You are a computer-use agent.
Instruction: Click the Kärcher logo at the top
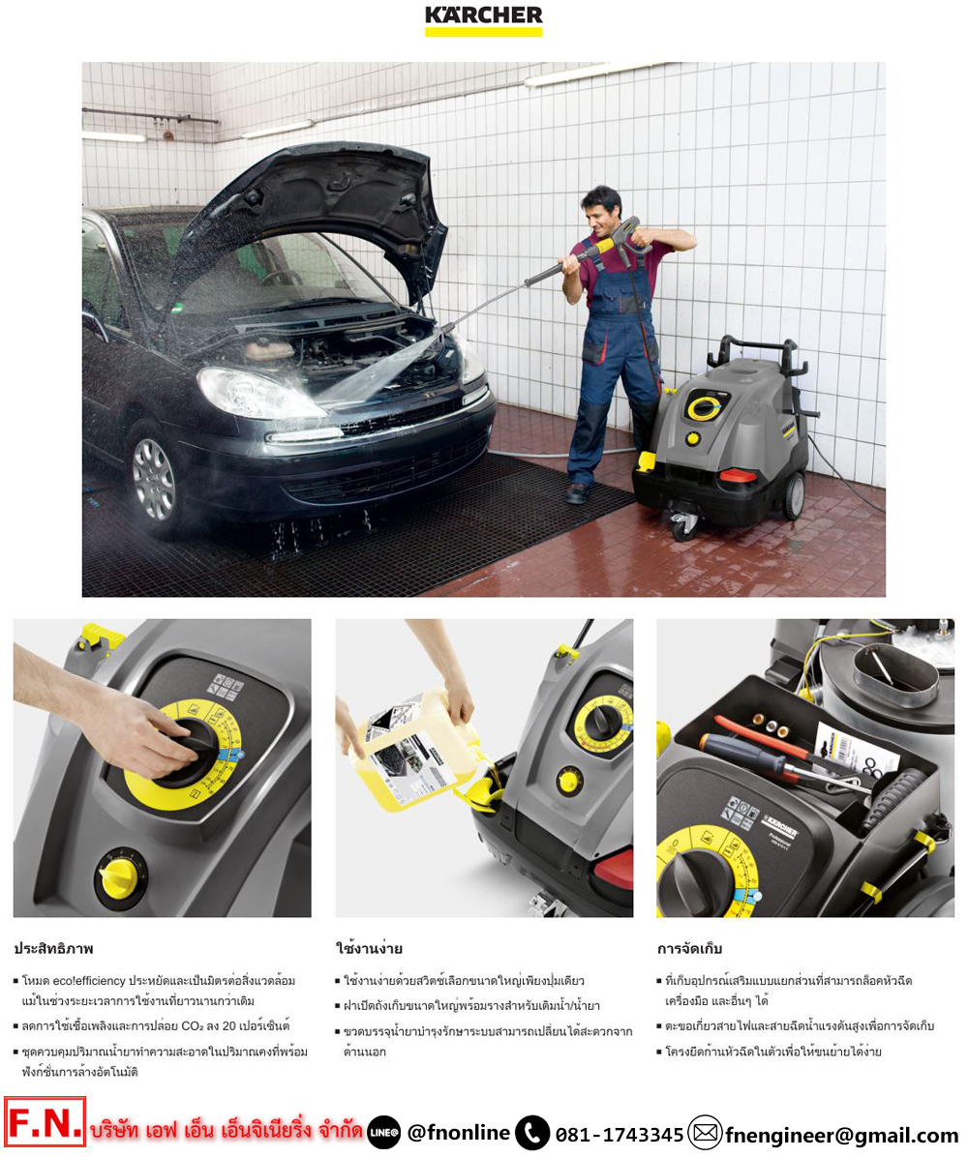tap(484, 20)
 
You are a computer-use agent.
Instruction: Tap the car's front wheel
tap(153, 479)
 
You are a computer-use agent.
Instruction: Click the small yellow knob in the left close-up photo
tap(120, 877)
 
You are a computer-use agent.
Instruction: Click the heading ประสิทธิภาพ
tap(53, 949)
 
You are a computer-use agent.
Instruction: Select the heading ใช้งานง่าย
tap(369, 949)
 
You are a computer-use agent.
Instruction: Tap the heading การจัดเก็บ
tap(689, 949)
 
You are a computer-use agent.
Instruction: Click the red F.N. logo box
tap(45, 1123)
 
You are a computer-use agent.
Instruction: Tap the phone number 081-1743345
tap(620, 1134)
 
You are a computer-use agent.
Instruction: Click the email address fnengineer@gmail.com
tap(842, 1134)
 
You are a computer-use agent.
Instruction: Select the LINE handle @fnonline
tap(458, 1133)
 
